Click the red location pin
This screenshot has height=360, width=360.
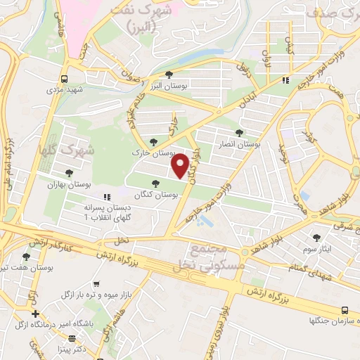point(181,165)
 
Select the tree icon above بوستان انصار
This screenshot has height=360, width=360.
point(239,131)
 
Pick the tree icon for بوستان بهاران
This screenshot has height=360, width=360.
point(69,173)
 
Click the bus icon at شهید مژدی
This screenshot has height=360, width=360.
point(65,79)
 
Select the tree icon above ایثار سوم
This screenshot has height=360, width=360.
point(316,238)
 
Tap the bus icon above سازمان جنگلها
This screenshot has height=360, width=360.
point(344,310)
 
